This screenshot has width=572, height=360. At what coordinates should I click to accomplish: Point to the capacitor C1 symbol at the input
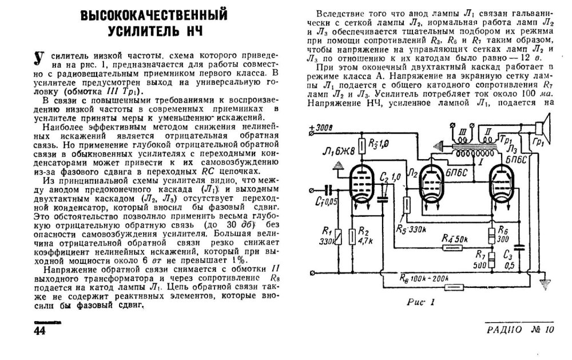coord(327,190)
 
